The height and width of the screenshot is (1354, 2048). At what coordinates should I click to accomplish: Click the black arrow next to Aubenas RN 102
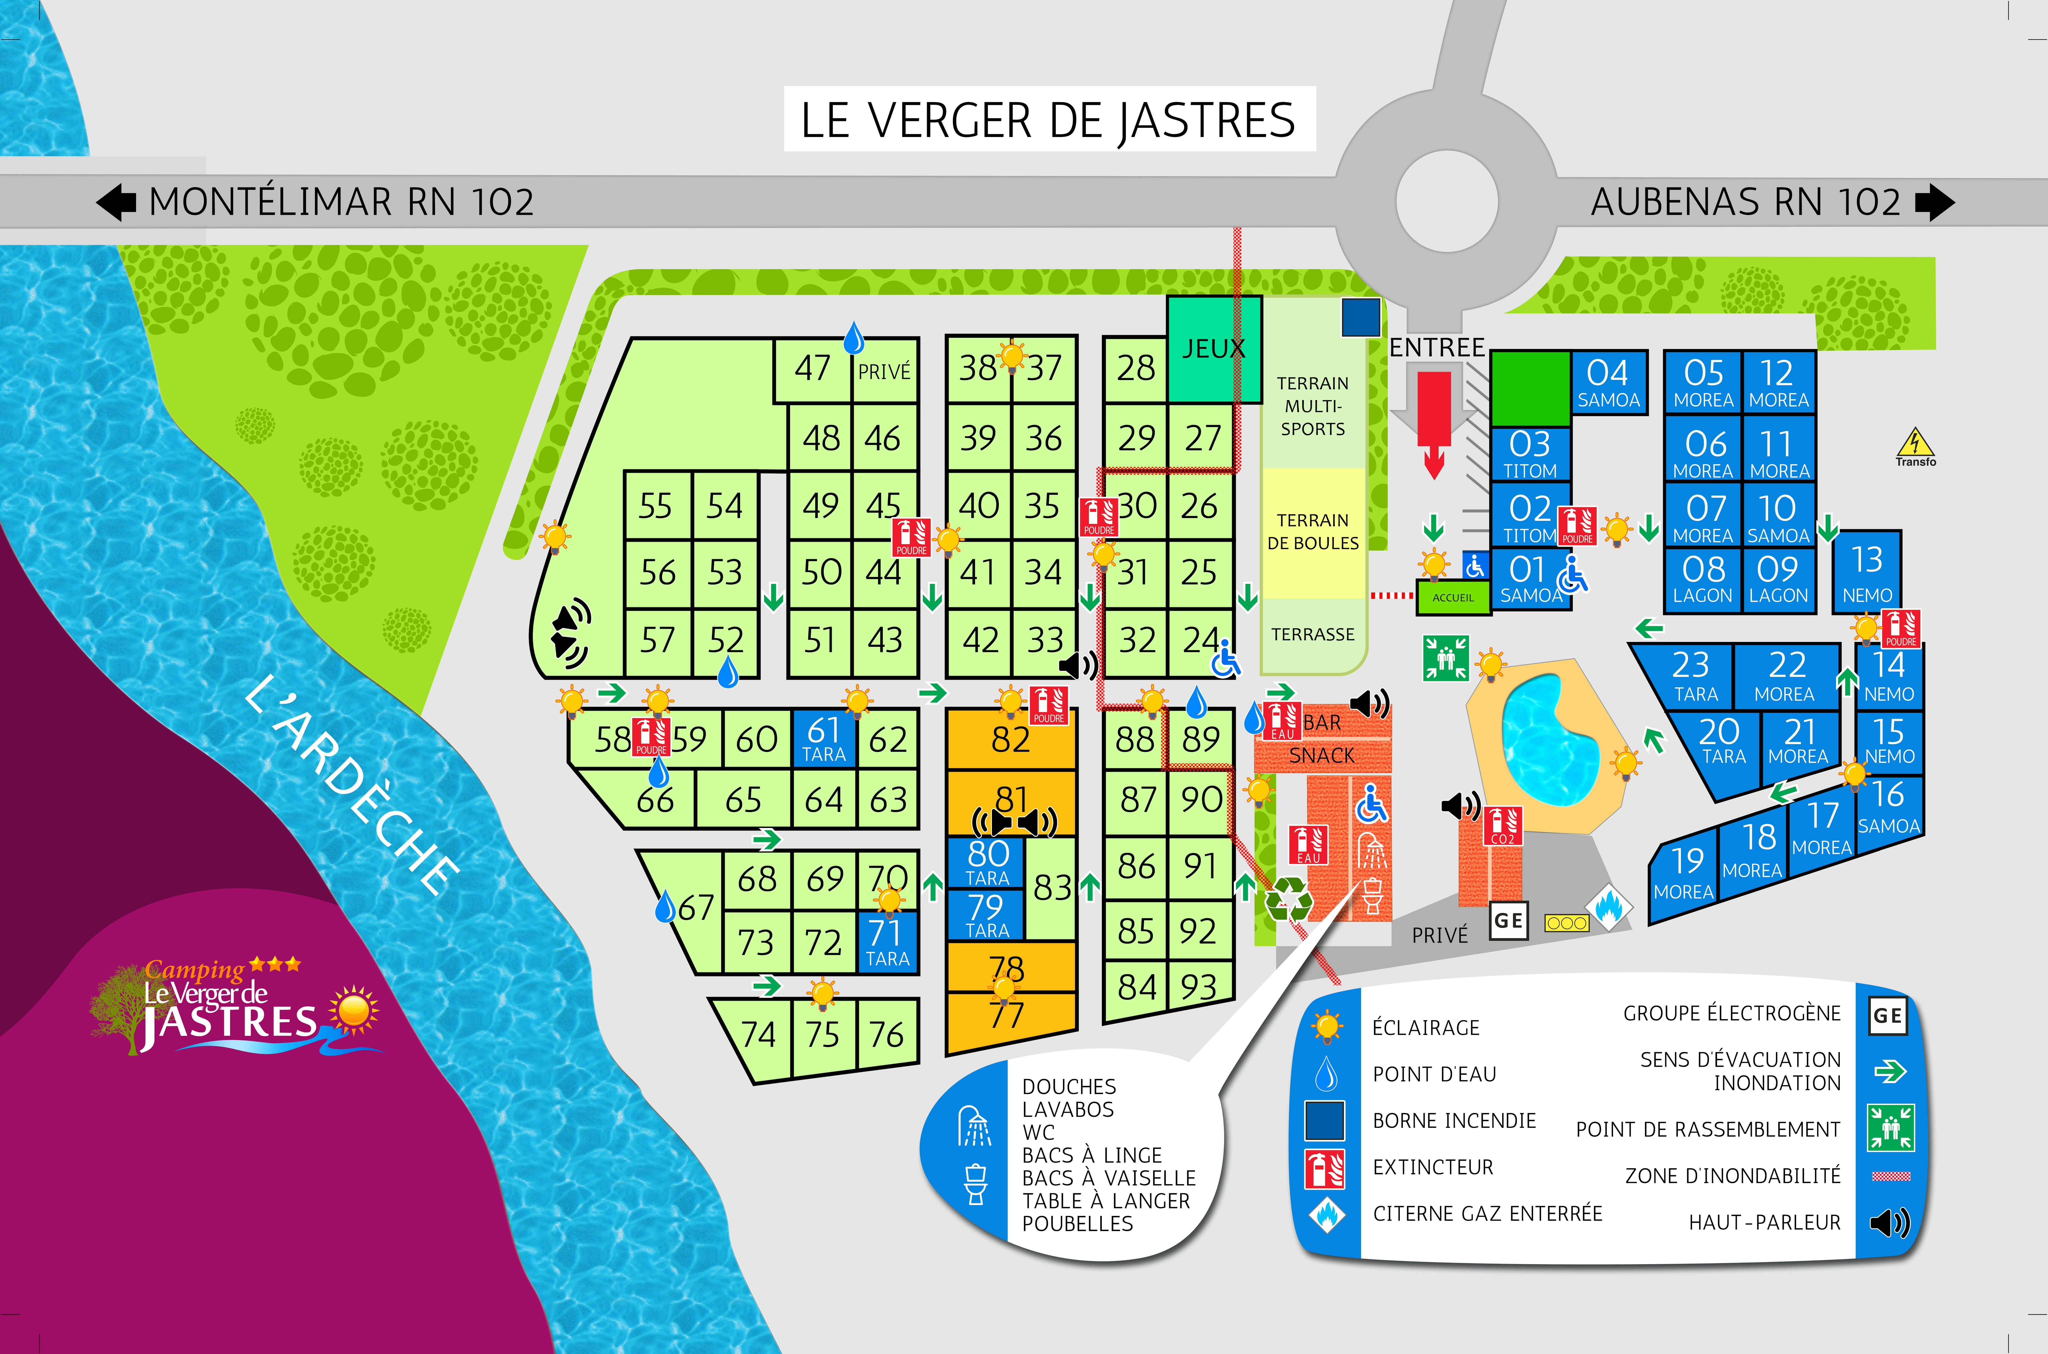click(x=1934, y=202)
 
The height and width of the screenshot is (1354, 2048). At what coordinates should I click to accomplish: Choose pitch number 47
click(x=812, y=369)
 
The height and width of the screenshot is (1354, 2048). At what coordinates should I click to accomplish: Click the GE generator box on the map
click(x=1508, y=920)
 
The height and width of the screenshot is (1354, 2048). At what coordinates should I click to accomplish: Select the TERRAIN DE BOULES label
click(x=1312, y=531)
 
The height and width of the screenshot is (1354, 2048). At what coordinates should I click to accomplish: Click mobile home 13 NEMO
click(x=1867, y=572)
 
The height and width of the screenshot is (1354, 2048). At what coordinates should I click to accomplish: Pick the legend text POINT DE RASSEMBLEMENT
click(x=1708, y=1129)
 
